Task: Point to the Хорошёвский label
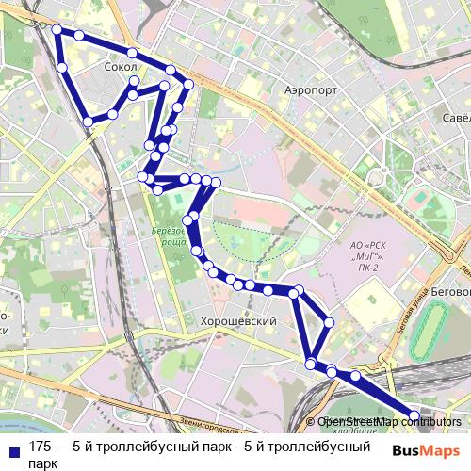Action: (x=238, y=321)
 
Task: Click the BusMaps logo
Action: (x=425, y=450)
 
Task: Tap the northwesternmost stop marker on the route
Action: (x=57, y=30)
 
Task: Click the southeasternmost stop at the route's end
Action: (x=414, y=415)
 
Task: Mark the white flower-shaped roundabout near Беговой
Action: (x=380, y=177)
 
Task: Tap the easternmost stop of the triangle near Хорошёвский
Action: (x=329, y=322)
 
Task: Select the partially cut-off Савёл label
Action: (x=456, y=119)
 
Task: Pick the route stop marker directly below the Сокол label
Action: (x=134, y=82)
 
